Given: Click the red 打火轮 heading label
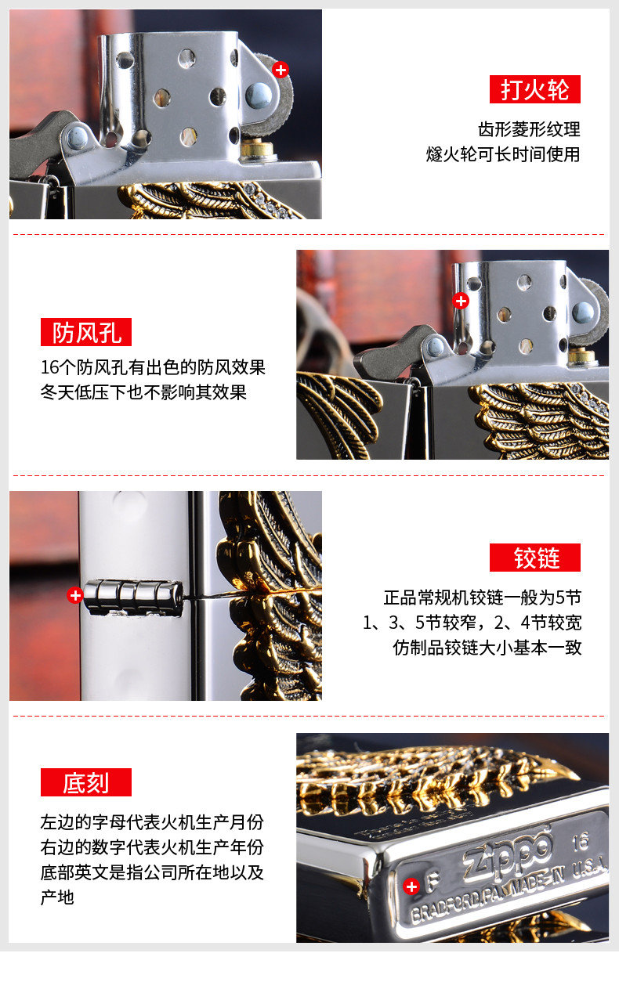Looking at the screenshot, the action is pos(535,89).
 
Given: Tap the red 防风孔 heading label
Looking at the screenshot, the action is pos(86,332).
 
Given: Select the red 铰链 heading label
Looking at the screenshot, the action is pos(535,558).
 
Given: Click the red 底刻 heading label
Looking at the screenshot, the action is pos(86,782).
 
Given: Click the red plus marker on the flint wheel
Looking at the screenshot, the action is pos(281,69).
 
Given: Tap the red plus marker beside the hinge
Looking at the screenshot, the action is pos(75,595).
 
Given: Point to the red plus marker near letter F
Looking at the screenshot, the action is pos(411,886).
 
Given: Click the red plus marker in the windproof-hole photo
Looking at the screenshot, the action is pos(461,301).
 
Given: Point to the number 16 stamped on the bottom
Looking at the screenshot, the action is pos(580,842).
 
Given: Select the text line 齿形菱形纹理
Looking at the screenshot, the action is pos(529,129).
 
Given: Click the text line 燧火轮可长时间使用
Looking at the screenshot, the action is pos(503,154).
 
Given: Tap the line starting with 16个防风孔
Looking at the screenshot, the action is pos(153,367).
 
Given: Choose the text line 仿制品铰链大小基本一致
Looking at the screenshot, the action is pos(487,647).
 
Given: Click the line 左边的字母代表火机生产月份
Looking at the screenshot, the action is pos(152,822).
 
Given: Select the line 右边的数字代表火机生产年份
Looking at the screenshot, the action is pos(152,847).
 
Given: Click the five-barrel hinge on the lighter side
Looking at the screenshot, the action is pos(133,597).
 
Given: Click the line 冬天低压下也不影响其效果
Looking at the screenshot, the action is pos(143,392).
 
